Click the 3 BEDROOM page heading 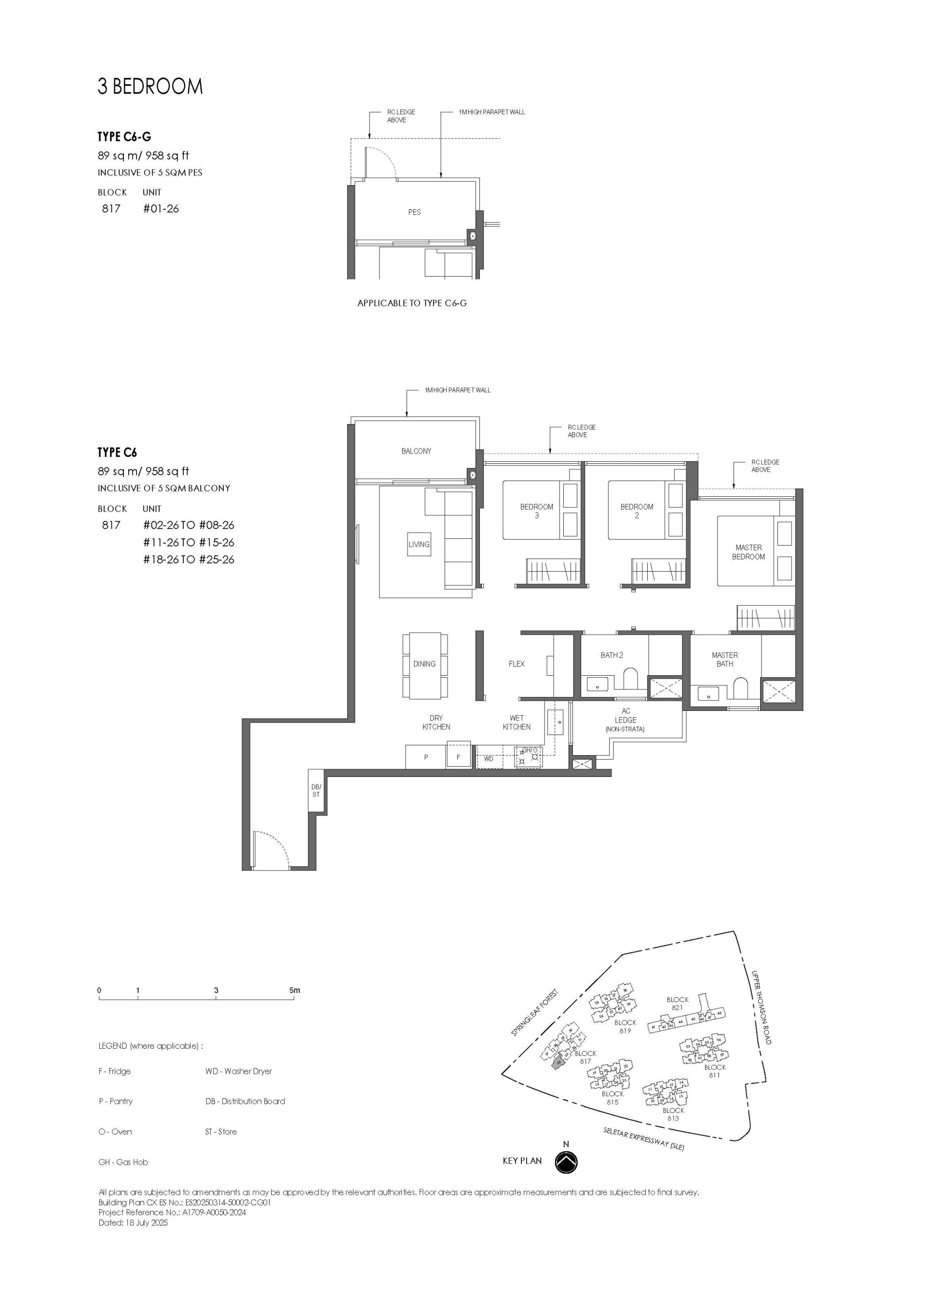150,87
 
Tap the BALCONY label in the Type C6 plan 416,451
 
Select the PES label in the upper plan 414,212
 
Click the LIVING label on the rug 419,545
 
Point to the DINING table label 424,664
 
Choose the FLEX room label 517,664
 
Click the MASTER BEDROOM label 748,552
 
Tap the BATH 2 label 612,655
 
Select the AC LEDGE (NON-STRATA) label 626,720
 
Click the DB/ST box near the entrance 316,791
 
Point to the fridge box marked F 458,758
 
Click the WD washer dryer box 489,759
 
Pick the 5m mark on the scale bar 294,990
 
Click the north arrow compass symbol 566,1161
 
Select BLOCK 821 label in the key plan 677,1003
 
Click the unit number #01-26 161,209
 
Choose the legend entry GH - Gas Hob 123,1162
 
